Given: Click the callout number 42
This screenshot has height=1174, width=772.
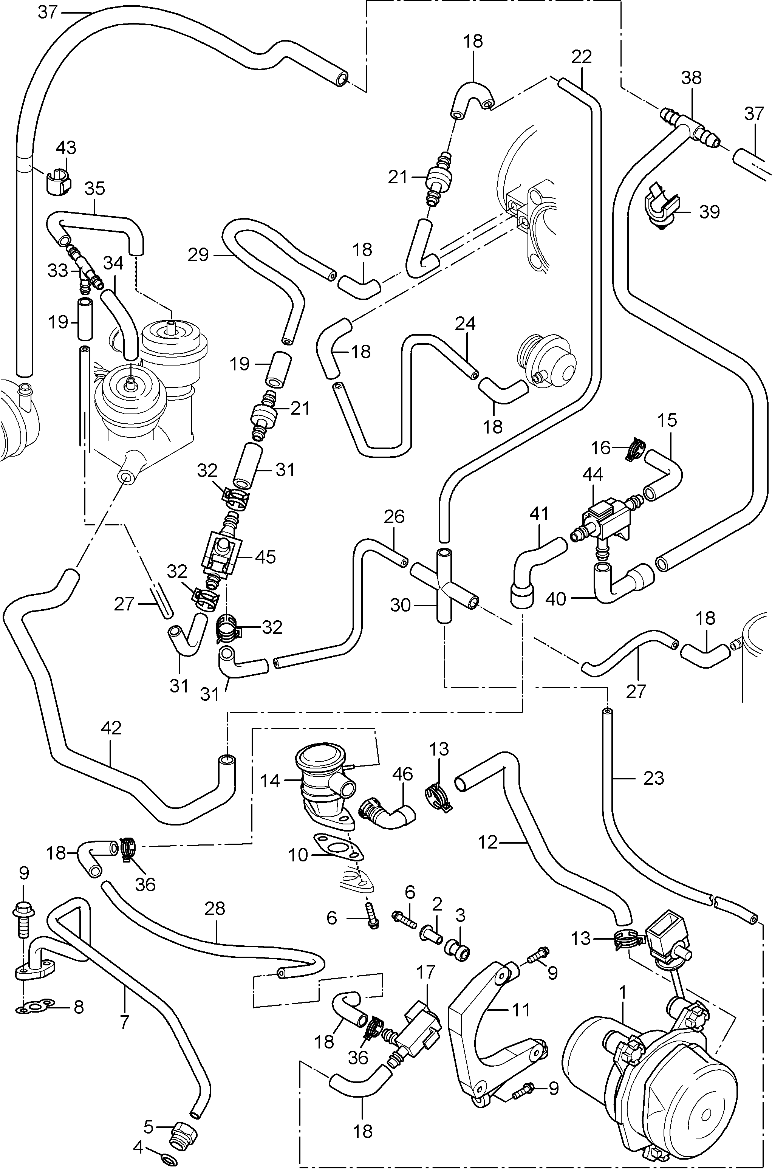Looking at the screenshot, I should click(x=111, y=728).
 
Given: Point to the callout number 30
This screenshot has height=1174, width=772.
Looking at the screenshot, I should click(x=400, y=604).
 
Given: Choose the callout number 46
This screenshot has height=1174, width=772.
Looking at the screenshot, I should click(x=402, y=774).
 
